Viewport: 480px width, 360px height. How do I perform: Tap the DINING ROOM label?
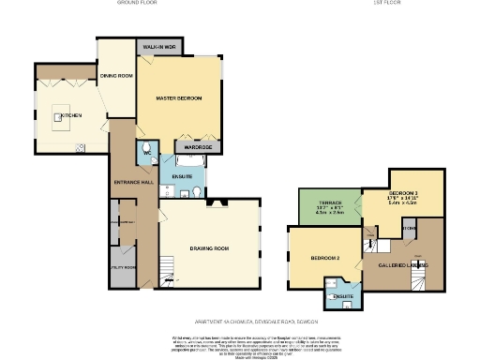pos(114,74)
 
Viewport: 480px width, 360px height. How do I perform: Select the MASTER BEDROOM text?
pos(178,97)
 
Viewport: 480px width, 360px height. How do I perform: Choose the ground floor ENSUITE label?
pos(182,175)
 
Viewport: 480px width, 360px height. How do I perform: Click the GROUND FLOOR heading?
pos(136,4)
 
